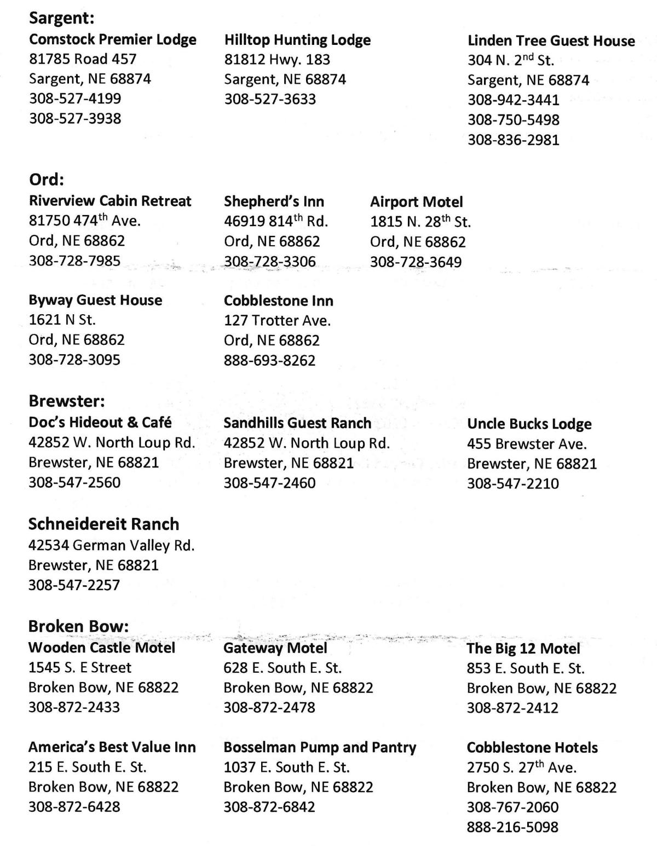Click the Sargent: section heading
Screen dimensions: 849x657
[62, 18]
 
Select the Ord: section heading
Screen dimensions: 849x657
[47, 180]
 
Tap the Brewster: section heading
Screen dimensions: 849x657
[66, 401]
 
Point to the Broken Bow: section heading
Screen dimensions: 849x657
[78, 626]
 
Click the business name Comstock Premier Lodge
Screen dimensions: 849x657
[112, 39]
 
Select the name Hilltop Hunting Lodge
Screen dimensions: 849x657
[297, 40]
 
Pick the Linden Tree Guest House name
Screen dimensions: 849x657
[551, 41]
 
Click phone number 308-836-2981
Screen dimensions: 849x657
[513, 140]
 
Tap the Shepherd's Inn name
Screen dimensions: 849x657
[274, 201]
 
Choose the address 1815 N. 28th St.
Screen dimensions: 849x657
[420, 222]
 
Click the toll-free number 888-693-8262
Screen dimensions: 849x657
[269, 360]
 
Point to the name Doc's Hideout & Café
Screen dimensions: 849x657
[100, 423]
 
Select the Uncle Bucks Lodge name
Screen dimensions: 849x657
[529, 424]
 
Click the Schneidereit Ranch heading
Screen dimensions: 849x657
[103, 524]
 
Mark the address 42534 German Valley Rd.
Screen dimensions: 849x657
[111, 545]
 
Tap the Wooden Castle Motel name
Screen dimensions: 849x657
[102, 648]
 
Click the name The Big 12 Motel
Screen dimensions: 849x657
[523, 649]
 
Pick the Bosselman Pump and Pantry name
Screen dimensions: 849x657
[320, 747]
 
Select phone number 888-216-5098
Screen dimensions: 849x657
[512, 827]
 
